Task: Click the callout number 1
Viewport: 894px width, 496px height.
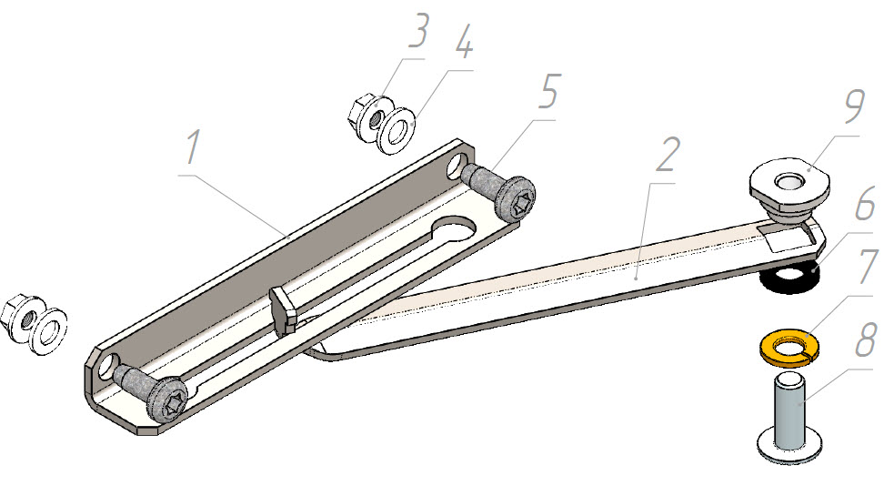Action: [193, 147]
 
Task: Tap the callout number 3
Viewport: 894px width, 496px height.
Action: [418, 30]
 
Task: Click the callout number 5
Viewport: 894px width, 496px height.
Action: [549, 91]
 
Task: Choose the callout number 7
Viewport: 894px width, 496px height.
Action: [868, 266]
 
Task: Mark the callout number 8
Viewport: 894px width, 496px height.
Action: [865, 339]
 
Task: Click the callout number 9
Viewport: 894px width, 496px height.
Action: [853, 106]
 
